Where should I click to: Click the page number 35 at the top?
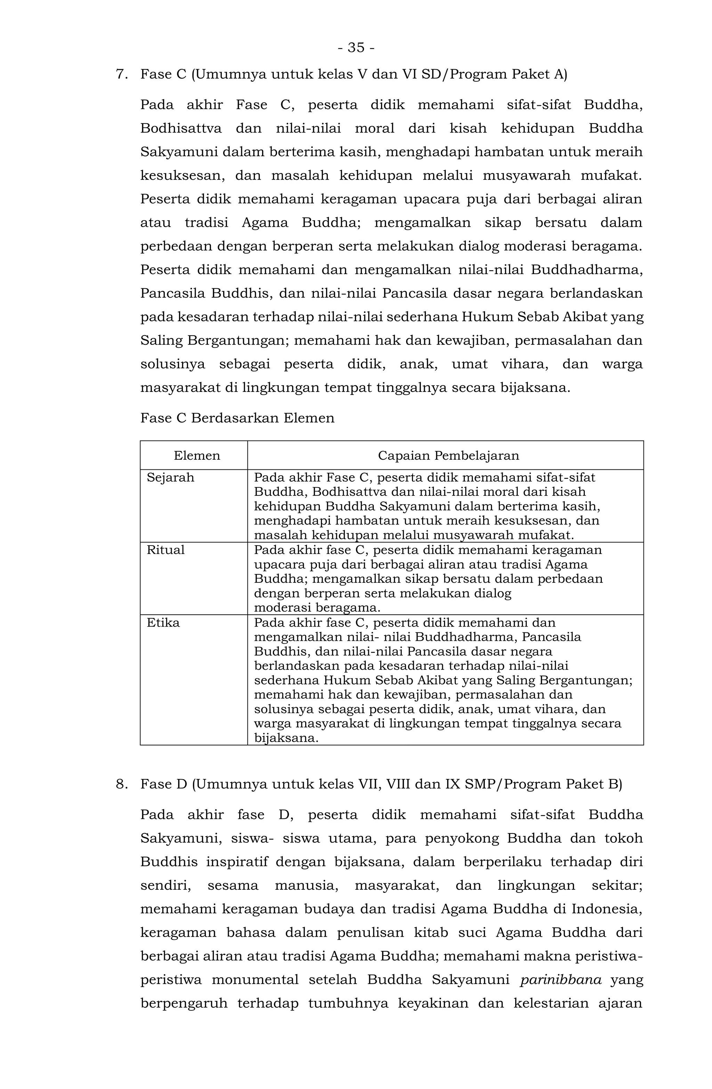tap(356, 48)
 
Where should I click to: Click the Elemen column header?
tap(197, 456)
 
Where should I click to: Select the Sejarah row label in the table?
tap(170, 478)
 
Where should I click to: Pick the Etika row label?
tap(163, 623)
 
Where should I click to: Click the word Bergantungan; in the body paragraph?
tap(236, 340)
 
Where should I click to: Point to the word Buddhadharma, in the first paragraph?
tap(586, 270)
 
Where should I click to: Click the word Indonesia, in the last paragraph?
tap(607, 909)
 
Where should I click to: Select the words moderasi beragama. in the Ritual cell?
tap(317, 608)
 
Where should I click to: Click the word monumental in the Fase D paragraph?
tap(255, 979)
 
